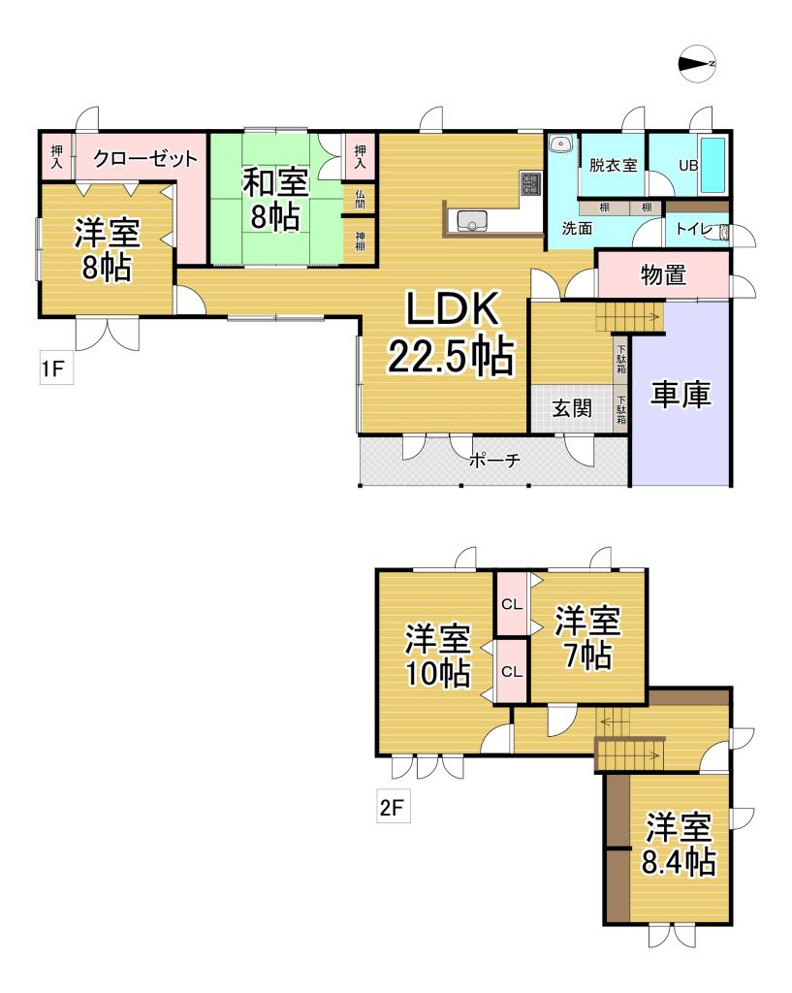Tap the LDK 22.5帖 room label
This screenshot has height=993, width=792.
(451, 334)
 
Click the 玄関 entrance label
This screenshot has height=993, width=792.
(572, 408)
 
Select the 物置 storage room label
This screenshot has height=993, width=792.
(664, 275)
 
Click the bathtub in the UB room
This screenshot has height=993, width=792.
(714, 164)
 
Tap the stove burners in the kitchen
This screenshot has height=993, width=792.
(531, 182)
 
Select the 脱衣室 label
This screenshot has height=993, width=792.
(613, 164)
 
